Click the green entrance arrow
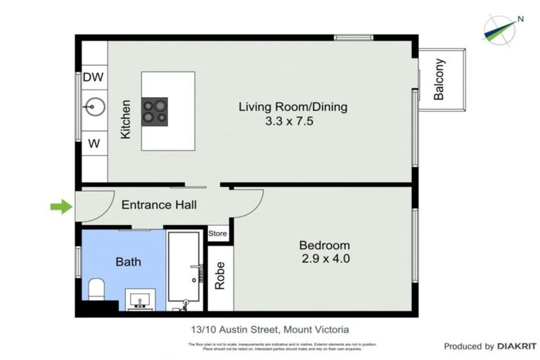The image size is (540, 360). [x=61, y=206]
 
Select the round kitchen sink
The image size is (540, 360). [x=94, y=108]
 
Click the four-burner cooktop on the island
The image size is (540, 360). [x=155, y=111]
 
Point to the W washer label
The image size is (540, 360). [x=94, y=143]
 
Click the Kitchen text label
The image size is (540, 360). [x=126, y=118]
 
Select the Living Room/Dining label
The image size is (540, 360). [x=292, y=108]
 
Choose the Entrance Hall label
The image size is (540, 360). [x=159, y=205]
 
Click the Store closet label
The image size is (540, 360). [x=218, y=233]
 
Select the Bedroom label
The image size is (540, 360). [x=324, y=245]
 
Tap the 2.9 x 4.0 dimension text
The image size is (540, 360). [x=324, y=259]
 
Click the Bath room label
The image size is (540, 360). [x=128, y=262]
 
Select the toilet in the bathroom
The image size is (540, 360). [x=97, y=288]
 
